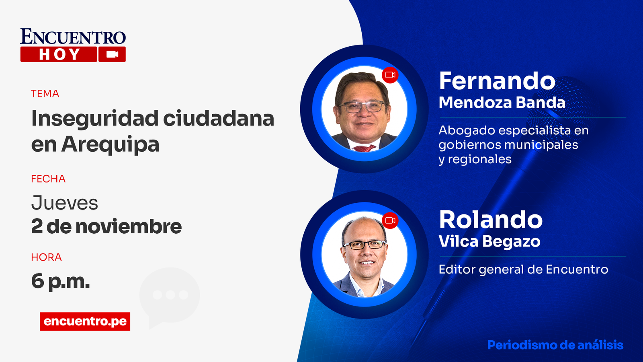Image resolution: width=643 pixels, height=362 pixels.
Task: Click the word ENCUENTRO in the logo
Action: (x=73, y=37)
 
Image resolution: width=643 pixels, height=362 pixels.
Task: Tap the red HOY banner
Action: (x=59, y=54)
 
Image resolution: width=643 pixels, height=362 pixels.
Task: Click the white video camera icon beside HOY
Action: (x=112, y=54)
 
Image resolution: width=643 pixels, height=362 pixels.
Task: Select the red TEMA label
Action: (x=45, y=94)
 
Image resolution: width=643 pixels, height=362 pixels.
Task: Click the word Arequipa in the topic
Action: (x=110, y=144)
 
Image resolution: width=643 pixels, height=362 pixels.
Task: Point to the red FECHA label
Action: (x=48, y=179)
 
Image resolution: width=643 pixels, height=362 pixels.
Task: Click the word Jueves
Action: (x=65, y=203)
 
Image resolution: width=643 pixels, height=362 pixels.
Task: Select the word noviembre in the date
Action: (x=129, y=226)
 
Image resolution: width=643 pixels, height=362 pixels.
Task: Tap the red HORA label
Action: (x=46, y=257)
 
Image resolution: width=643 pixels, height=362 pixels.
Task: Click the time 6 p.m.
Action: (x=60, y=281)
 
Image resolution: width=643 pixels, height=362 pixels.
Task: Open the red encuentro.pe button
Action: (x=85, y=321)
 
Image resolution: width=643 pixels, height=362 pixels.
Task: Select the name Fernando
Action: (x=497, y=81)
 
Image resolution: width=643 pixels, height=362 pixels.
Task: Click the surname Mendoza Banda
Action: (x=502, y=103)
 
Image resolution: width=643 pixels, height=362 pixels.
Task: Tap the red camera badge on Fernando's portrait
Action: (x=390, y=75)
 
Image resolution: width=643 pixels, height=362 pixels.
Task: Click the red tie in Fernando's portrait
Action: (x=364, y=148)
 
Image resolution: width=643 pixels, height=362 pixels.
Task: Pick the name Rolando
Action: (x=491, y=220)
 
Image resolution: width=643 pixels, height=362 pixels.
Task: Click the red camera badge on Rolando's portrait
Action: (x=390, y=220)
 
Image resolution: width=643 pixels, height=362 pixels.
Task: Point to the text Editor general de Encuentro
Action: (x=523, y=269)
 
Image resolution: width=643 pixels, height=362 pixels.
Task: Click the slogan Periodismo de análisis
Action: (x=555, y=345)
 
